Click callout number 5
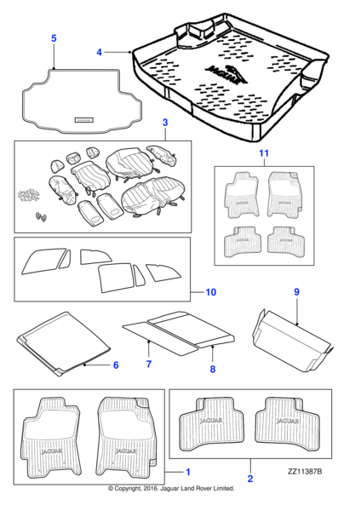(x=54, y=38)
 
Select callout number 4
(x=99, y=52)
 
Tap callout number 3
(x=164, y=124)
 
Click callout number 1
(x=188, y=471)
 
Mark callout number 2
(x=249, y=480)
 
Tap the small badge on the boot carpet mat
(x=86, y=120)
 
